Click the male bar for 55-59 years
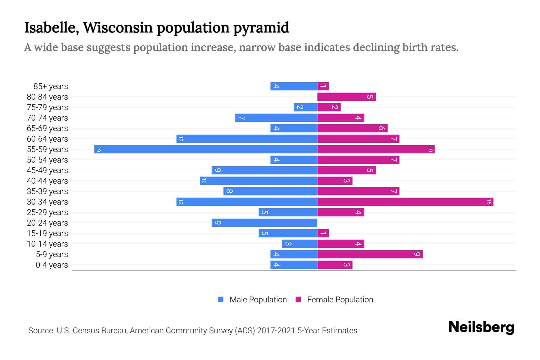tap(205, 149)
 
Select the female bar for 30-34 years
tap(405, 202)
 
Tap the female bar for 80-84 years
tap(346, 97)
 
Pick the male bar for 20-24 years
tap(264, 223)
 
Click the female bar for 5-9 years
tap(370, 254)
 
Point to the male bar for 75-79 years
tap(305, 107)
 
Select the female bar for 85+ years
tap(323, 86)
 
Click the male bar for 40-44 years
tap(259, 181)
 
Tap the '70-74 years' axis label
tap(47, 118)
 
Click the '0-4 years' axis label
tap(52, 265)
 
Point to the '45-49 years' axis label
tap(47, 170)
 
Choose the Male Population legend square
tap(221, 299)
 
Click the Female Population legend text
tap(340, 299)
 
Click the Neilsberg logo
tap(481, 327)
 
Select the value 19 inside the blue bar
tap(98, 149)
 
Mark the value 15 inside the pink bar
tap(489, 202)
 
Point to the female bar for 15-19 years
tap(323, 233)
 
